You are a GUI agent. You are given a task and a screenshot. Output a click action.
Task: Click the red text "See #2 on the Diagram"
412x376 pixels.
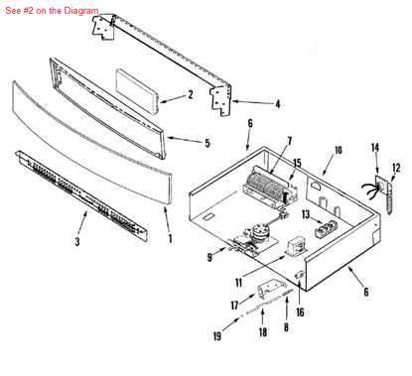[x=51, y=10]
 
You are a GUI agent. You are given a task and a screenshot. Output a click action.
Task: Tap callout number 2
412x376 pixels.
[x=190, y=96]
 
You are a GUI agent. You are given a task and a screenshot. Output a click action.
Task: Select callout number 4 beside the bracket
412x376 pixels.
[x=277, y=102]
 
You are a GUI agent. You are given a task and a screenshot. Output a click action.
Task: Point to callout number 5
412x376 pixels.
[x=206, y=143]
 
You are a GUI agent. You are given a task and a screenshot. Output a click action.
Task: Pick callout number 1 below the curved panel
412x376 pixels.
[x=169, y=239]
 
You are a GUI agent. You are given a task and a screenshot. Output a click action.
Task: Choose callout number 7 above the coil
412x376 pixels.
[x=289, y=141]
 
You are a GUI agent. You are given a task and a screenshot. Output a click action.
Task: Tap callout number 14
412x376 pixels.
[x=375, y=148]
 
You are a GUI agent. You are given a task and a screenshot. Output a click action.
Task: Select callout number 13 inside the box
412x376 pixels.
[x=305, y=213]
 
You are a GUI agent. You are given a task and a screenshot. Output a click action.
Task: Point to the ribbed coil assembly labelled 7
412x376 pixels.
[x=266, y=186]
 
